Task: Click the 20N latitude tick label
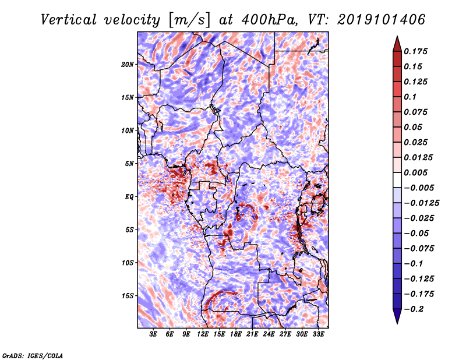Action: point(128,64)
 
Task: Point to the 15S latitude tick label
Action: point(128,295)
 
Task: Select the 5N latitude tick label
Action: point(129,163)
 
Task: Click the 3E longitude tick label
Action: point(154,334)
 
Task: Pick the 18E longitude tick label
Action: point(236,334)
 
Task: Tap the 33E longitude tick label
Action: point(319,334)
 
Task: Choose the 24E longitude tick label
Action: point(269,334)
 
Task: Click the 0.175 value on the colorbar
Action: point(416,51)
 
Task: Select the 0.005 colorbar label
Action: point(416,173)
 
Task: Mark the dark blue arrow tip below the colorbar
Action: point(397,319)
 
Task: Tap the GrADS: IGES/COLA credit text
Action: point(32,355)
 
